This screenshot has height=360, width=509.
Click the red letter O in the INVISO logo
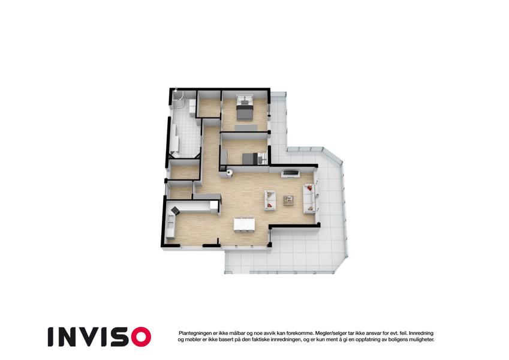(141, 337)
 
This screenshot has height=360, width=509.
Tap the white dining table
(245, 224)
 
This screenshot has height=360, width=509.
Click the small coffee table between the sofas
(288, 200)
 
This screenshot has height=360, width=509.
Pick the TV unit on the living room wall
(291, 174)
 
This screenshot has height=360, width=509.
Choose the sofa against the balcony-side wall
(309, 199)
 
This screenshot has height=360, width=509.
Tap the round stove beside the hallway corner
(230, 173)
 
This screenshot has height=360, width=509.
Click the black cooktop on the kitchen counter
(175, 211)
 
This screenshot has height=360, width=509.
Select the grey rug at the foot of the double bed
(246, 127)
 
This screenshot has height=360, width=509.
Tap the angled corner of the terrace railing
(332, 155)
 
